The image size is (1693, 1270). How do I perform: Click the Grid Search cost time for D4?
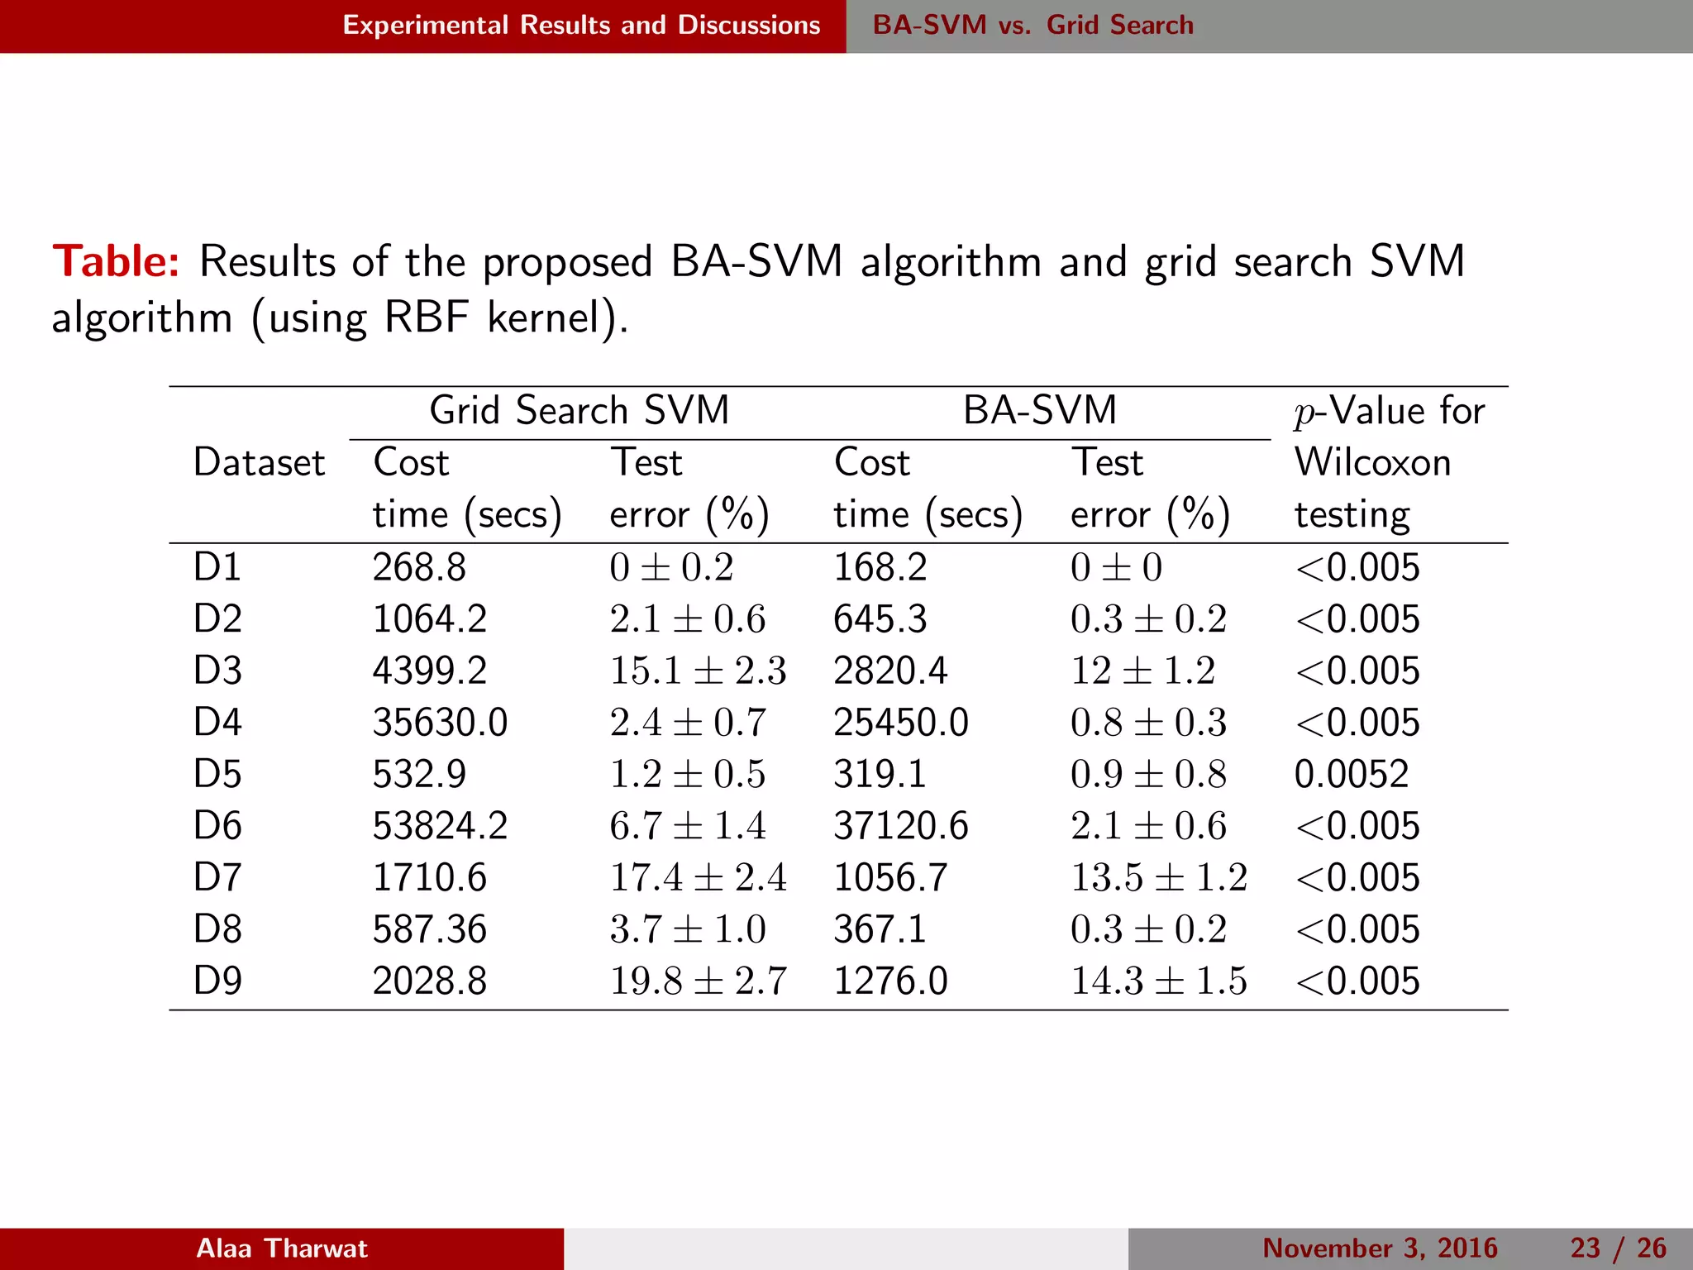[x=440, y=723]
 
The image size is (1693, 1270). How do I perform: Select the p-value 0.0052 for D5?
[x=1351, y=775]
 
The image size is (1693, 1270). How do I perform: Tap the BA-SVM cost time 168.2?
[x=880, y=568]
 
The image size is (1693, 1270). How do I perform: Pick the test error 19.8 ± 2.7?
[x=698, y=981]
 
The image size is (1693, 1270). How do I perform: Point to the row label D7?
[x=217, y=878]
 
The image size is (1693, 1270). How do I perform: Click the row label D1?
[x=217, y=568]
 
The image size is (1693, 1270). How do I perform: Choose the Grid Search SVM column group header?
[x=579, y=411]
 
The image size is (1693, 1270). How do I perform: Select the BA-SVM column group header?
[x=1039, y=411]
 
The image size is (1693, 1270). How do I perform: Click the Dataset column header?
[x=259, y=463]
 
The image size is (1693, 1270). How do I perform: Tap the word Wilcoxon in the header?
[x=1372, y=463]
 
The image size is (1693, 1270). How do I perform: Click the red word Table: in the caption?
[x=116, y=262]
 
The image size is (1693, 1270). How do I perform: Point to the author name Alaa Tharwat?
[x=281, y=1249]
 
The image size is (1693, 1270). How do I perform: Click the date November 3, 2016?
[x=1380, y=1249]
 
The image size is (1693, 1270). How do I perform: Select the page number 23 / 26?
[x=1618, y=1249]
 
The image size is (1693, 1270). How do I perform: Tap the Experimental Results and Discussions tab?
[x=581, y=26]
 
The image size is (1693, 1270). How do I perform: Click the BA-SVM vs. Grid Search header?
[x=1032, y=26]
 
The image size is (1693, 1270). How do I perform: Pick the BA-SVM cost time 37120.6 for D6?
[x=900, y=826]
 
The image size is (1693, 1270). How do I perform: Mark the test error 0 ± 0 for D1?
[x=1116, y=568]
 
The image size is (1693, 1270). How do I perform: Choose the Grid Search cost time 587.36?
[x=429, y=929]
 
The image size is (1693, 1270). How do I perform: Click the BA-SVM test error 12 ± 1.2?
[x=1142, y=671]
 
